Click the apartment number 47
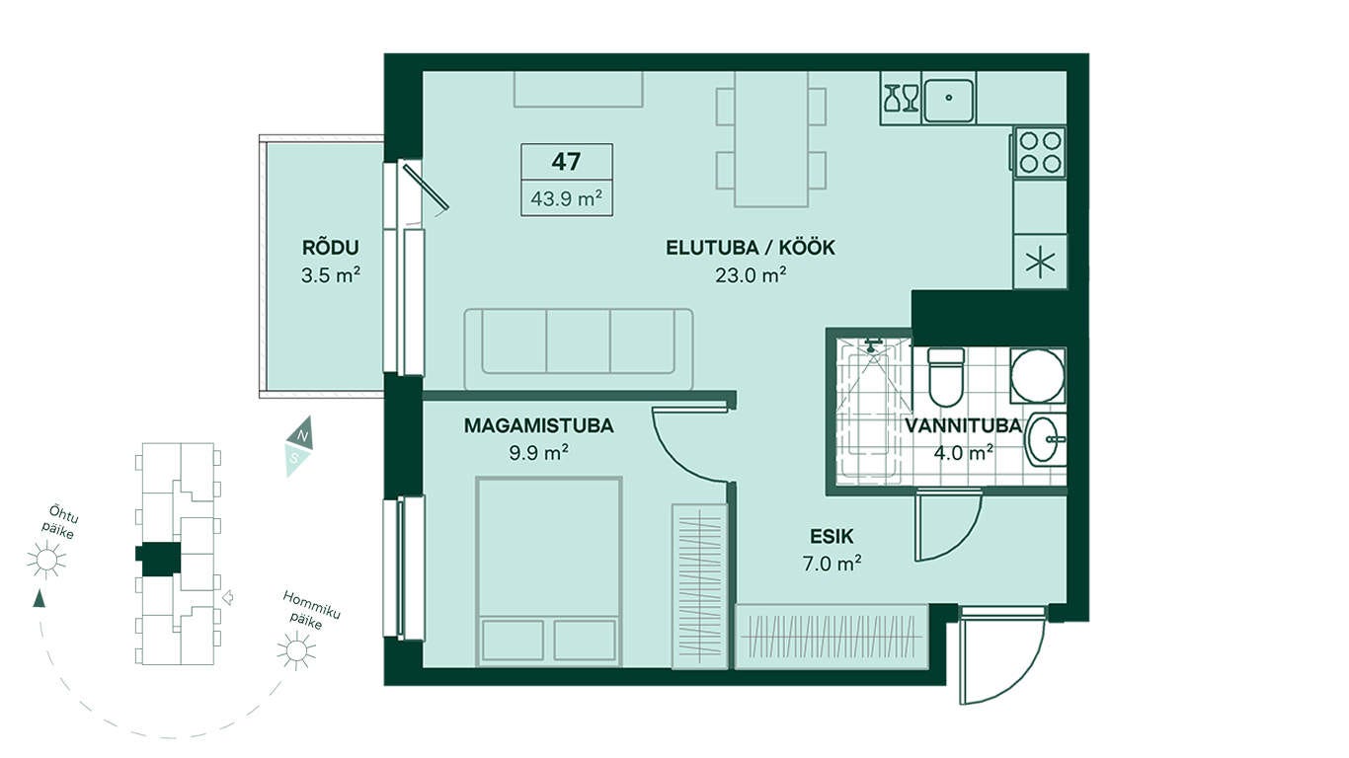pos(566,161)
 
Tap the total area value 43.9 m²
pos(567,198)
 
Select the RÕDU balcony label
pos(331,248)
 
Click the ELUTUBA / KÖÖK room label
pos(751,248)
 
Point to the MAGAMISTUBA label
pos(539,425)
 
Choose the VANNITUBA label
pos(964,425)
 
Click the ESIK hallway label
pos(832,537)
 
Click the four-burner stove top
pos(1040,152)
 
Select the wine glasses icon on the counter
pos(902,98)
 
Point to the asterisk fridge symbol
pos(1040,263)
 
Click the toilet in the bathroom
pos(946,377)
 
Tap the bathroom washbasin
pos(1047,439)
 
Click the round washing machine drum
pos(1038,376)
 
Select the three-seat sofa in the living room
pos(578,349)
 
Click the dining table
pos(771,139)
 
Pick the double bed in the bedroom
pos(549,572)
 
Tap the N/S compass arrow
pos(298,446)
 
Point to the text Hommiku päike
pos(311,609)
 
